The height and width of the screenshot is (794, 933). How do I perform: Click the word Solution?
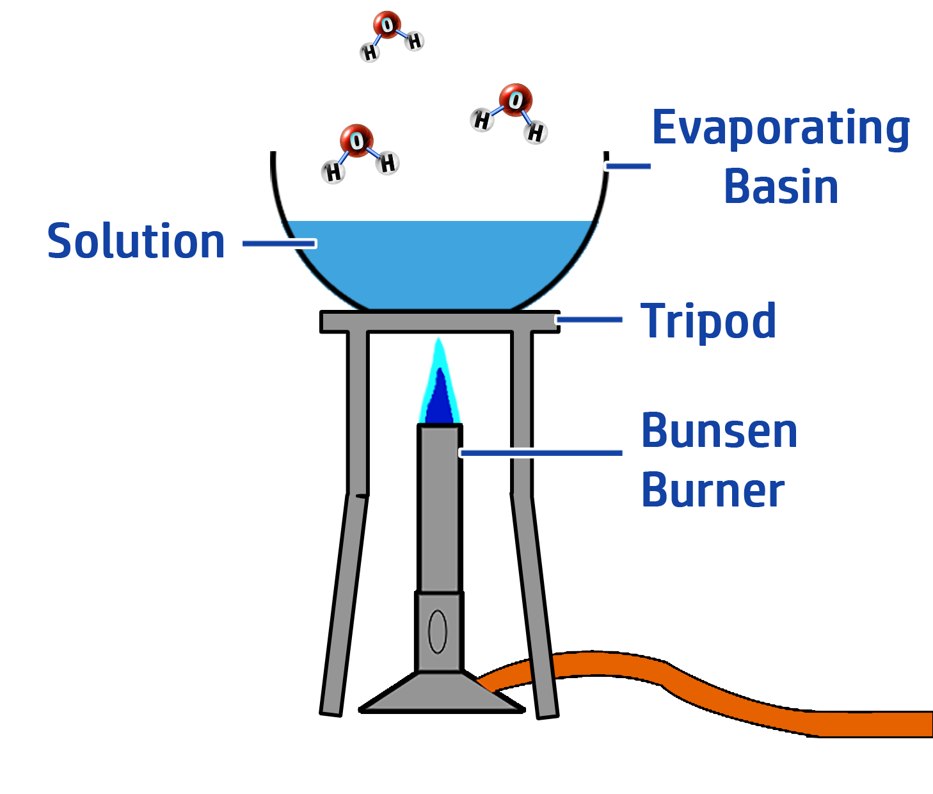(x=136, y=241)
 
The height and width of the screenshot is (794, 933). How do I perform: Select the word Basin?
(x=781, y=187)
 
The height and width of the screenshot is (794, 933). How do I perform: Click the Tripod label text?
(x=709, y=321)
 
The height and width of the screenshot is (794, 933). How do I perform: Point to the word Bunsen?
(x=720, y=431)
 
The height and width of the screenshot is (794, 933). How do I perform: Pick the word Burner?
(x=714, y=490)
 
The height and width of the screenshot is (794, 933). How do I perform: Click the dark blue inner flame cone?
(x=440, y=402)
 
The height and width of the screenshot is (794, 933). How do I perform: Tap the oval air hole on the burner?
(x=438, y=631)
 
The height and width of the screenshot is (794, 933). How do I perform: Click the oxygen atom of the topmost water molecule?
(x=387, y=24)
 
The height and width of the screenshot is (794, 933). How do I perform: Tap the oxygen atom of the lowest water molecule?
(x=356, y=140)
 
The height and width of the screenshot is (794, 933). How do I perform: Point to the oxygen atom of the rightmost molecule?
(x=515, y=99)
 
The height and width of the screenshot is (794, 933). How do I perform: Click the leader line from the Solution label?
(x=280, y=243)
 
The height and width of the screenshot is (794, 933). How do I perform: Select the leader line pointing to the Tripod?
(x=589, y=320)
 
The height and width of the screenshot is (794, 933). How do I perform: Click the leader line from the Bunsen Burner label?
(x=541, y=453)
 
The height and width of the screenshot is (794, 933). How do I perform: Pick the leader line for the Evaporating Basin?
(x=628, y=166)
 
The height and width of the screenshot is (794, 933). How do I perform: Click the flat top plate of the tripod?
(x=440, y=321)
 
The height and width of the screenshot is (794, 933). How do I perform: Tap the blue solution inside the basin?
(x=440, y=263)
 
